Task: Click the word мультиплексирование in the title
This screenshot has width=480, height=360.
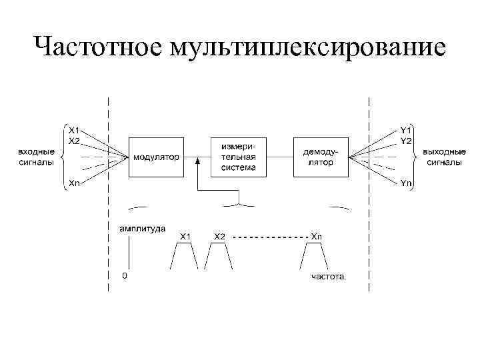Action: pyautogui.click(x=308, y=47)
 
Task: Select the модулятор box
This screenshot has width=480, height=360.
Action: pyautogui.click(x=156, y=157)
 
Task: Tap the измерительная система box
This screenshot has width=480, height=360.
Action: pyautogui.click(x=239, y=157)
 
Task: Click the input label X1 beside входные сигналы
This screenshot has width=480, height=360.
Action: pyautogui.click(x=74, y=130)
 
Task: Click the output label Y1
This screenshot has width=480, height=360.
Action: pyautogui.click(x=405, y=130)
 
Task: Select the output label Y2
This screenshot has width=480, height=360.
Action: pyautogui.click(x=405, y=141)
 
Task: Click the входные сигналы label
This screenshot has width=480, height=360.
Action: pyautogui.click(x=37, y=157)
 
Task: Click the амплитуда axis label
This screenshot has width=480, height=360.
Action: pyautogui.click(x=143, y=229)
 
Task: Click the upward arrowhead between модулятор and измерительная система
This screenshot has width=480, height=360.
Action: pyautogui.click(x=198, y=161)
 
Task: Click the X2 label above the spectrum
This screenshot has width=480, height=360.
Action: pyautogui.click(x=219, y=237)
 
